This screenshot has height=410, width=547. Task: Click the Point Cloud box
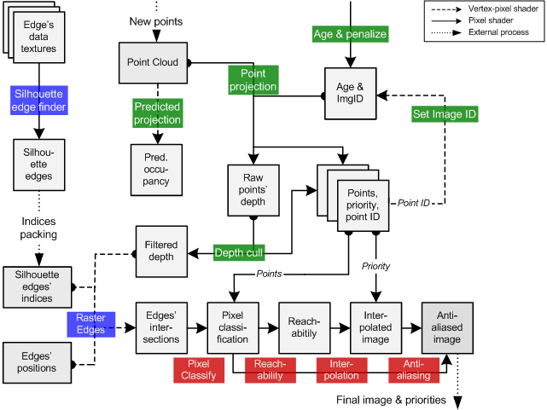tap(152, 62)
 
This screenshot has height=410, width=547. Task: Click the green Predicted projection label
tap(158, 113)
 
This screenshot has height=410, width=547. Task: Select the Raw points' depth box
tap(253, 188)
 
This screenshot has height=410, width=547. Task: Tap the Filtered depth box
tap(160, 251)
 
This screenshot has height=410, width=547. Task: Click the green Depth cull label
tap(239, 252)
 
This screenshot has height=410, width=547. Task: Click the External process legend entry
tap(491, 32)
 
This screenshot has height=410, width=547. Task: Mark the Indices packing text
tap(38, 228)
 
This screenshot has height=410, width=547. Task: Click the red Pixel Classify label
tap(199, 370)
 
